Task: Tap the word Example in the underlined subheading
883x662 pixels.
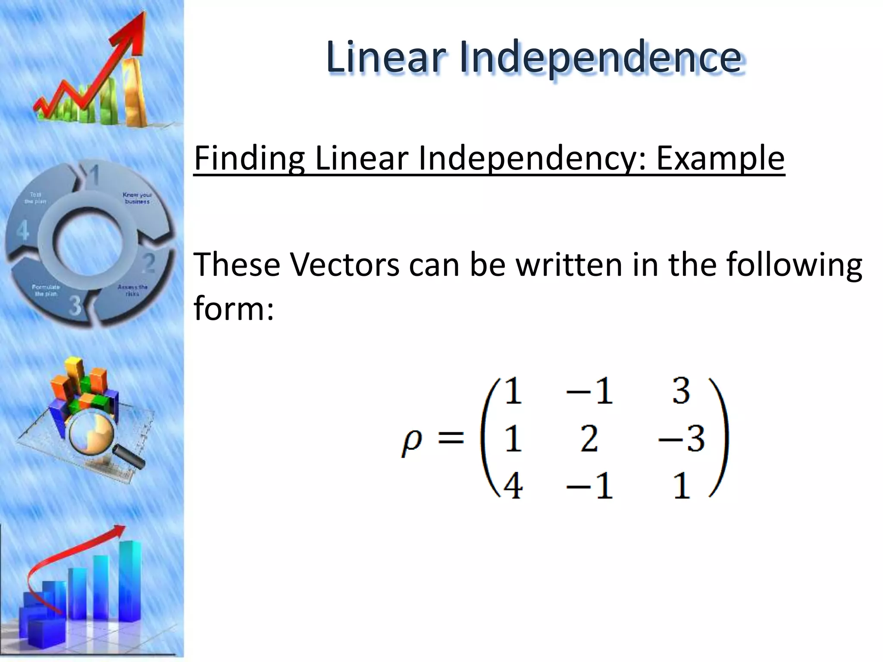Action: point(720,158)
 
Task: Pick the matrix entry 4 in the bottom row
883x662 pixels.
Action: point(513,486)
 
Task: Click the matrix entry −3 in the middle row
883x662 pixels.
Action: point(681,439)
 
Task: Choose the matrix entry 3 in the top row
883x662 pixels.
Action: point(681,391)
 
